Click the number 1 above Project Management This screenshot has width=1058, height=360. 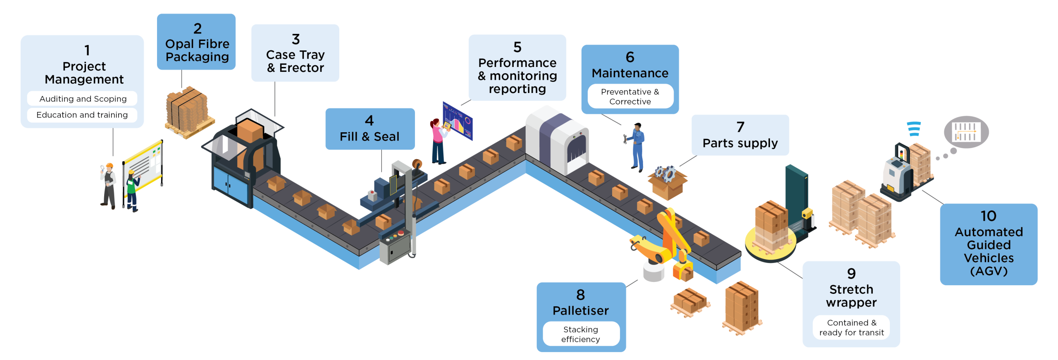pos(87,50)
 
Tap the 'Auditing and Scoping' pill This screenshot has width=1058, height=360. pos(83,99)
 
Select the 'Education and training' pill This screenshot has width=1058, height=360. pos(82,115)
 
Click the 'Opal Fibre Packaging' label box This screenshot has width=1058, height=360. pos(197,42)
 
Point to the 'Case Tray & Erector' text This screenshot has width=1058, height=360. pos(295,61)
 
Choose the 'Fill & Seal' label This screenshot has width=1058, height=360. pos(369,129)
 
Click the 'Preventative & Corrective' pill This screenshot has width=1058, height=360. pos(630,97)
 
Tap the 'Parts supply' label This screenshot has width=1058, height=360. pos(740,136)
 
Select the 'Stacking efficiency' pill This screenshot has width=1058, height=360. pos(580,334)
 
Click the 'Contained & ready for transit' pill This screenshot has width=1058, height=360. pos(851,327)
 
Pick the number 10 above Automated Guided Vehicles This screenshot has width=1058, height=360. pos(988,216)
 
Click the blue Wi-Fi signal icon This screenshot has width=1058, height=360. pos(913,129)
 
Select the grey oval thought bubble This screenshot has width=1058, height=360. pos(966,132)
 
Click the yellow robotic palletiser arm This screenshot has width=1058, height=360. pos(665,244)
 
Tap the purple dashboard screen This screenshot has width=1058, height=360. pos(458,120)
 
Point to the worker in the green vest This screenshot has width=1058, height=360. pos(131,190)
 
